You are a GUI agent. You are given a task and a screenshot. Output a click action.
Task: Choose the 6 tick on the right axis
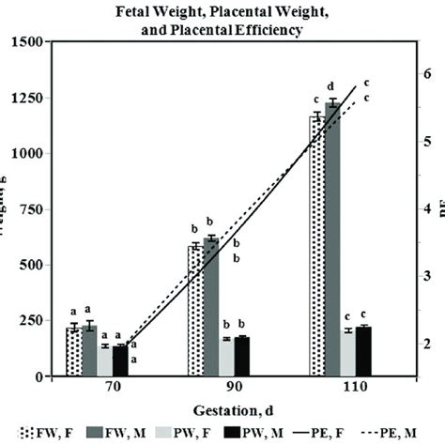click(428, 73)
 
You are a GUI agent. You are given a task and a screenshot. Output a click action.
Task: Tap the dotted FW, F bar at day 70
click(73, 352)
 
